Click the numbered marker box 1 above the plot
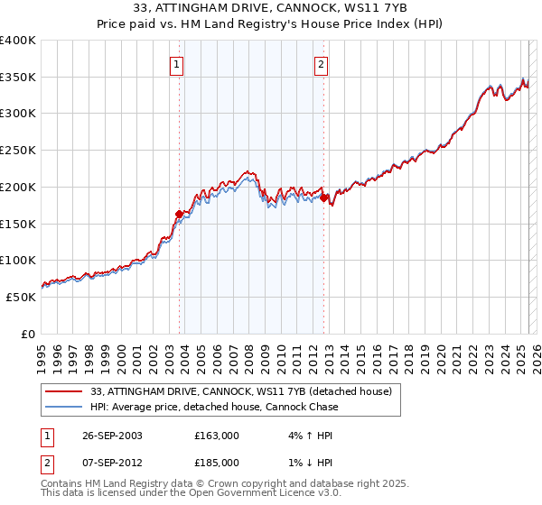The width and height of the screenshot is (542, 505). coord(176,64)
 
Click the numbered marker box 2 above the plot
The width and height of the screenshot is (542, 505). coord(322,64)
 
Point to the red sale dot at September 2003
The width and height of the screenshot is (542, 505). coord(179,214)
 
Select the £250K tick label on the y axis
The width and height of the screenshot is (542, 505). coord(18,151)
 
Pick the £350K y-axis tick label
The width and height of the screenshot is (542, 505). coord(18,78)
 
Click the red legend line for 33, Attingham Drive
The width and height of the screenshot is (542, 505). coord(64,392)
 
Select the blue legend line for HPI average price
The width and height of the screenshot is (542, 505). coord(64,407)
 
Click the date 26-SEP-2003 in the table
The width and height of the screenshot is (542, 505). coord(109,436)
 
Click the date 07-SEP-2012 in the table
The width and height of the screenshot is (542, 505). coord(109,463)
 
